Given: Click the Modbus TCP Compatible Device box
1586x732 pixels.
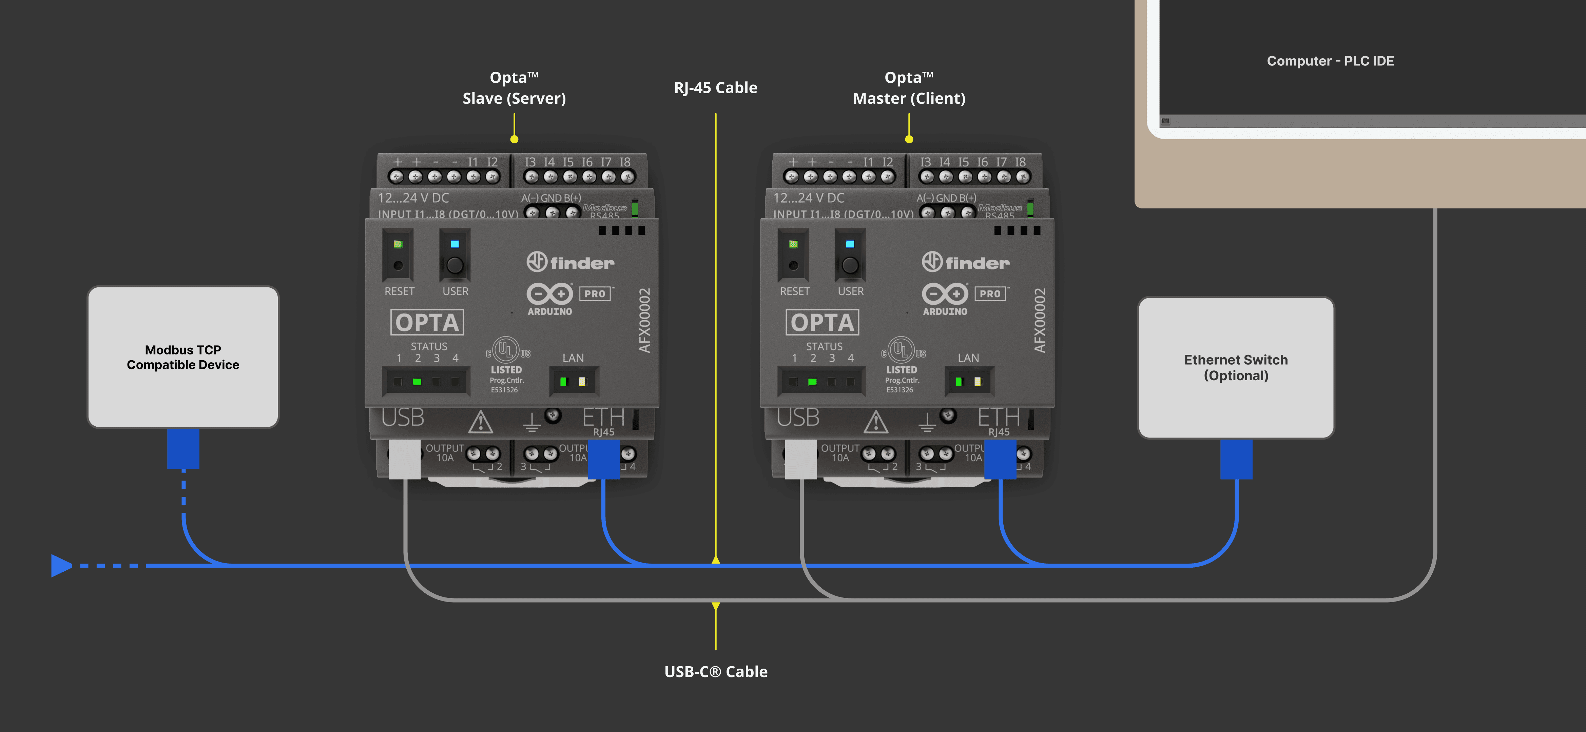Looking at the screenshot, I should point(183,357).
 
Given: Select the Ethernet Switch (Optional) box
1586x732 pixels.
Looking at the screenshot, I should point(1236,367).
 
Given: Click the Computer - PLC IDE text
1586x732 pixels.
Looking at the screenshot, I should point(1330,61).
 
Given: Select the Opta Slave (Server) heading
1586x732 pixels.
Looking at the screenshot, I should point(514,88).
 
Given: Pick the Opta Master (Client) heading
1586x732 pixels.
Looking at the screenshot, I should point(909,88).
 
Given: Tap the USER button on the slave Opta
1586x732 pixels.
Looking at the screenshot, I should point(454,265).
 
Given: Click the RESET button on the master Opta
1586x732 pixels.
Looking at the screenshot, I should point(793,265).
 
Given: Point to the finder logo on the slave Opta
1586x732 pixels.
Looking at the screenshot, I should point(570,262).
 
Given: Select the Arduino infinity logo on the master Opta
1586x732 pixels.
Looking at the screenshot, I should point(945,294).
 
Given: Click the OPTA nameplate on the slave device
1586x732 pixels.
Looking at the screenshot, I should point(427,322).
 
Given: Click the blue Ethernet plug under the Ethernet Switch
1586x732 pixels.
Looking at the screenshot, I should point(1236,459).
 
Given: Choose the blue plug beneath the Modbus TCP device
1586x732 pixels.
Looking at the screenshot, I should point(183,448).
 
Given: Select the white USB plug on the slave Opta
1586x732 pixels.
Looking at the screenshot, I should point(405,459).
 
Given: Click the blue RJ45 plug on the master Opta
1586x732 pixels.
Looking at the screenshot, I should point(1000,459).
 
